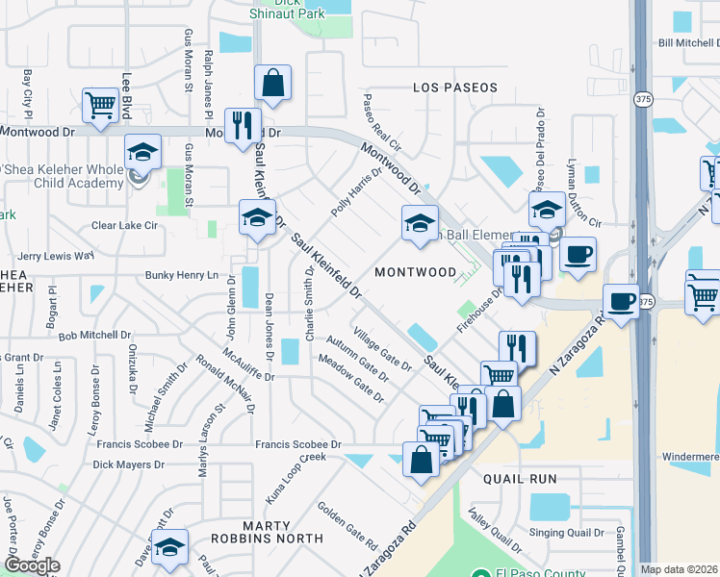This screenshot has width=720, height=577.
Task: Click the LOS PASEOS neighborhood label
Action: [455, 88]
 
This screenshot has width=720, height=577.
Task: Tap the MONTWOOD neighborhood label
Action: [415, 272]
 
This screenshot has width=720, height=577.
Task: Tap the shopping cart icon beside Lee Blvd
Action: [101, 106]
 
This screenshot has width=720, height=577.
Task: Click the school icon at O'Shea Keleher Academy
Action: [142, 152]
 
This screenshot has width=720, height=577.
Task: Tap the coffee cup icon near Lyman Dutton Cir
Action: [578, 255]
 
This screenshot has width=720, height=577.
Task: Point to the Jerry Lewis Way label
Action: [56, 257]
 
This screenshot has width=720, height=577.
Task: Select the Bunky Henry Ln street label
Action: [183, 275]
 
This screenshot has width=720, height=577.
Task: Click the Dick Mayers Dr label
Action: [128, 464]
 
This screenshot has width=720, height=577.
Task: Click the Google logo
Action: [32, 565]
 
